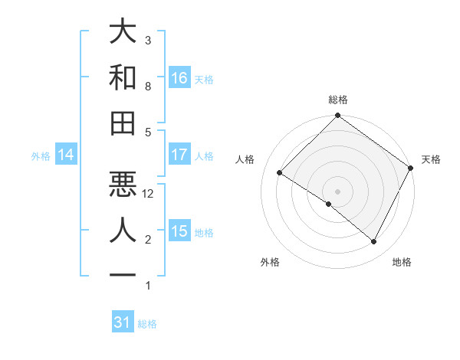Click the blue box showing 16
click(179, 77)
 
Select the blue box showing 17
click(179, 155)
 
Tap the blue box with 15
click(179, 231)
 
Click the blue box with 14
click(66, 155)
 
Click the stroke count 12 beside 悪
click(149, 194)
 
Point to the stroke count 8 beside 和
click(148, 87)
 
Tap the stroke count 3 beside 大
click(148, 40)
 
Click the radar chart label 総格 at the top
click(337, 100)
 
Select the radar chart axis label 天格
click(431, 159)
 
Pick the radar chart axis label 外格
click(270, 262)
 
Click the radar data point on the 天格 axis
click(410, 169)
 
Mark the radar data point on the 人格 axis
click(280, 173)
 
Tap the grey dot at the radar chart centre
click(337, 191)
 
